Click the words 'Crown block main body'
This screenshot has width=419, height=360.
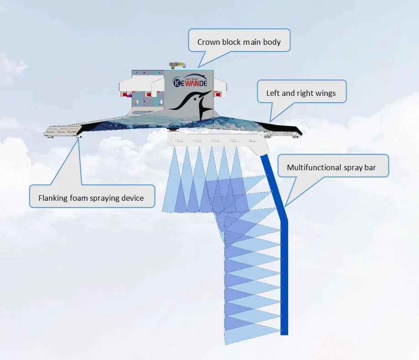coord(239,42)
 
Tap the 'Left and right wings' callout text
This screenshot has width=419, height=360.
coord(301,94)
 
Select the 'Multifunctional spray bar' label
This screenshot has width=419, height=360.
coord(331,167)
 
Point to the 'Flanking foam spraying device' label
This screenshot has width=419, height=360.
coord(91,198)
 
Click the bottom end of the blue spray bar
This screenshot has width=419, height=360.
coord(284,332)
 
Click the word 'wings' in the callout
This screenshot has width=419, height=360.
coord(325,94)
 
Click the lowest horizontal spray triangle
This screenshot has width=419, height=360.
coord(253,336)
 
